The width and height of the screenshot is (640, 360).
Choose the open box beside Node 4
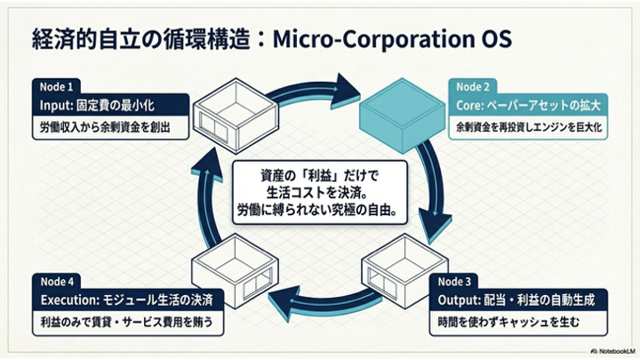[x=232, y=272]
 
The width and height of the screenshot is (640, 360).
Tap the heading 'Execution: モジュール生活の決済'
[x=123, y=297]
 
